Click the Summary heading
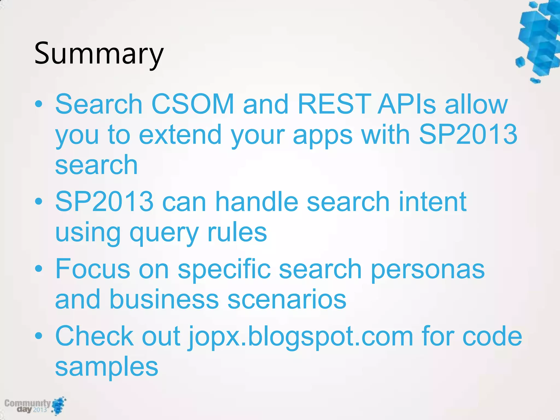(x=99, y=53)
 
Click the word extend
(x=180, y=134)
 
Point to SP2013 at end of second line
(x=468, y=134)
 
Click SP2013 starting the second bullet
(x=104, y=202)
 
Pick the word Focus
(x=93, y=269)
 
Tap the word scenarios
(x=287, y=299)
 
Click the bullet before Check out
(x=39, y=336)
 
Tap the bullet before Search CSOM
(x=39, y=104)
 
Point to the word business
(x=164, y=299)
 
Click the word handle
(x=256, y=202)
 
